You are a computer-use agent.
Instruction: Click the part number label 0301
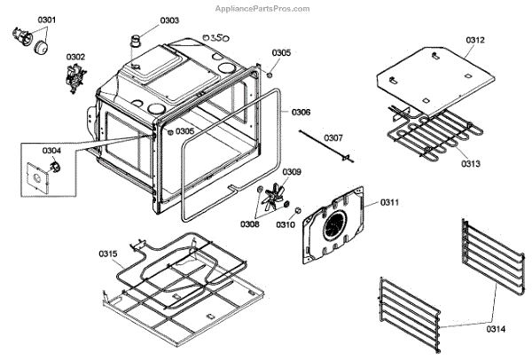21,19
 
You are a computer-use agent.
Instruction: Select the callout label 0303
169,20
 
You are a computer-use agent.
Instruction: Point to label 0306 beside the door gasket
301,113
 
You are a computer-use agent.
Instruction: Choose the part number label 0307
332,138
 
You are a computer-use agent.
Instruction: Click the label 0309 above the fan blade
292,171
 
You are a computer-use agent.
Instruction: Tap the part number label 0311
390,203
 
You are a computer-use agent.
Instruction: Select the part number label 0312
474,40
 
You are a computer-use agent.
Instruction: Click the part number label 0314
495,329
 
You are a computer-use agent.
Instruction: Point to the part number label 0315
107,254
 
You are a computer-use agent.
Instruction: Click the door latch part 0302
71,79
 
